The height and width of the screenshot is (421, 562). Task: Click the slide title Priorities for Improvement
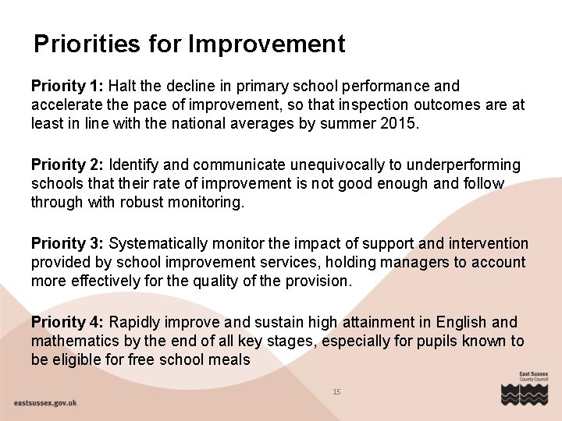(189, 44)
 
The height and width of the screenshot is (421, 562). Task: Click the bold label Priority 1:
(67, 86)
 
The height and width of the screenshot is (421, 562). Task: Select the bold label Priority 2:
(67, 165)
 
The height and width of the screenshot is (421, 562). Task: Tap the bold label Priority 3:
(67, 244)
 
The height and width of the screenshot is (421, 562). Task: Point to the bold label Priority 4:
(67, 323)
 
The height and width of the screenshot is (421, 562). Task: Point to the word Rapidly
(135, 323)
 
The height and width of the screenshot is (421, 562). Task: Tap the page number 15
(336, 391)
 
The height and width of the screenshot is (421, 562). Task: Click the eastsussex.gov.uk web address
(45, 403)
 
